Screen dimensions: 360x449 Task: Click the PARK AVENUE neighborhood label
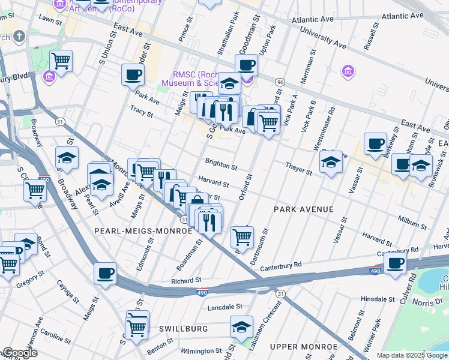[303, 209]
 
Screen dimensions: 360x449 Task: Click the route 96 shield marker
[279, 82]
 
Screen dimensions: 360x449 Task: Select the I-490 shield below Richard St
[202, 292]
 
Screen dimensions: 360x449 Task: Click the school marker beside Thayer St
[331, 162]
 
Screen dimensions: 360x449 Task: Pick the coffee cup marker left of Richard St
[105, 273]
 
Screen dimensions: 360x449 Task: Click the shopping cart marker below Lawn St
[61, 60]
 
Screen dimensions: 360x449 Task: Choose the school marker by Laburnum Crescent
[241, 328]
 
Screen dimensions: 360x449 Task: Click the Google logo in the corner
[19, 353]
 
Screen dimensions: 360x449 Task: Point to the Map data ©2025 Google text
[411, 355]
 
